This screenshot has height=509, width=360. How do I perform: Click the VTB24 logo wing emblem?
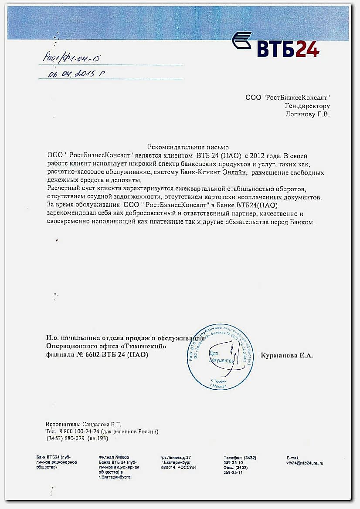(241, 40)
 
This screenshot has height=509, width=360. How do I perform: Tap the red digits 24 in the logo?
(307, 48)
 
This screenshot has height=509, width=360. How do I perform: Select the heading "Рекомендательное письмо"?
(188, 148)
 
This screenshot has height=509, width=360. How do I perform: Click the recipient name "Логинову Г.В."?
(307, 114)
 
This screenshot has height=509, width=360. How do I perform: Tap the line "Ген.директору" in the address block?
(307, 106)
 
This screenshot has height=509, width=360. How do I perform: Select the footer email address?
(305, 463)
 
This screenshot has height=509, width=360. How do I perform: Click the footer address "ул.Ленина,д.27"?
(176, 458)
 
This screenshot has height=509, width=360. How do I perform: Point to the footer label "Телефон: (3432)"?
(240, 458)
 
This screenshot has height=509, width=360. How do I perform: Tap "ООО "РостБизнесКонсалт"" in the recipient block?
(287, 98)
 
